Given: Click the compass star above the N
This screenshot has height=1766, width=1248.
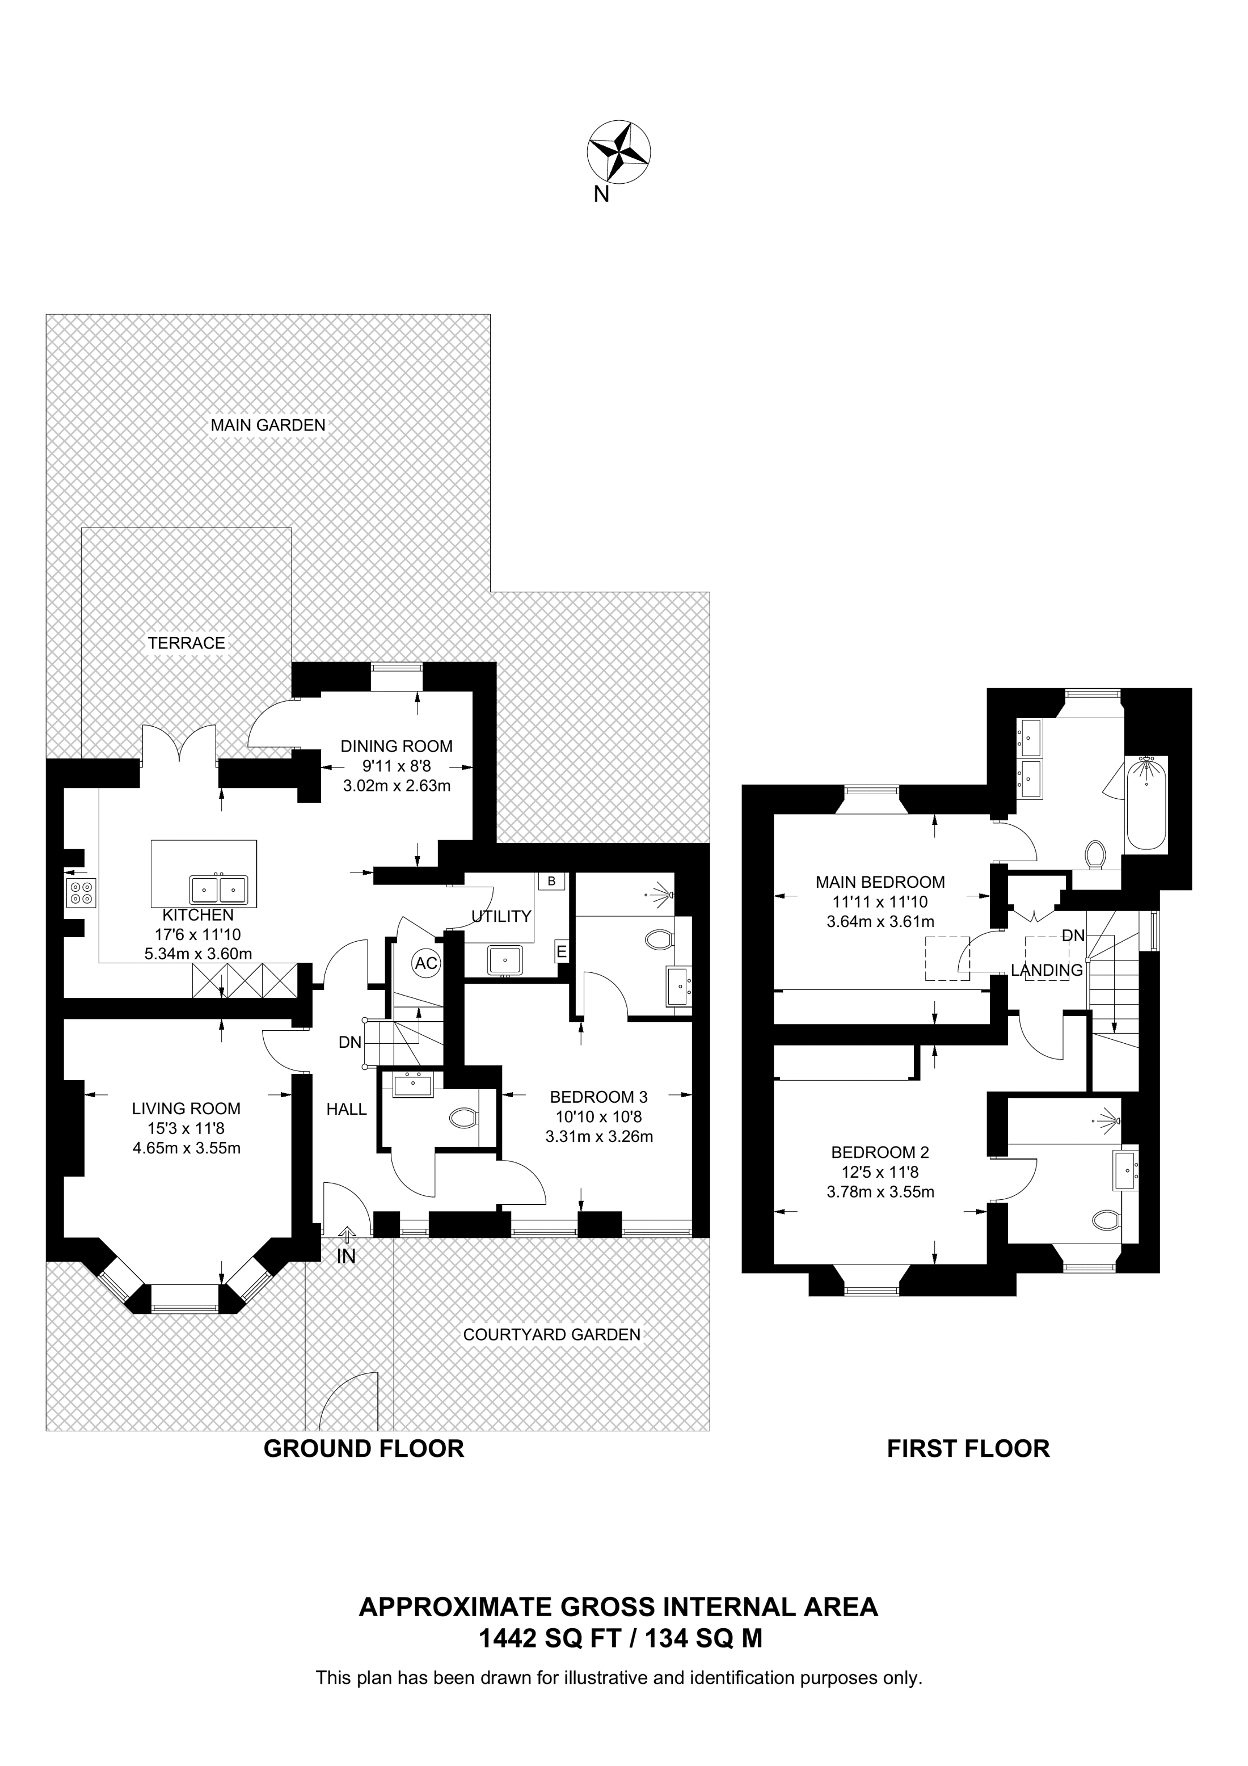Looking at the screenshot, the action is (x=619, y=152).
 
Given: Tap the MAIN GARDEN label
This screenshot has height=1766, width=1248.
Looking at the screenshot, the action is (x=268, y=424).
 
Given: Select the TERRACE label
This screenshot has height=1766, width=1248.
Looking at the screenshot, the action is (x=187, y=643).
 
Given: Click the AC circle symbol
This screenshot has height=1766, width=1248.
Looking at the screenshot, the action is (x=426, y=963).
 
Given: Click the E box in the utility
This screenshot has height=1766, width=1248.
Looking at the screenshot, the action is (x=562, y=952).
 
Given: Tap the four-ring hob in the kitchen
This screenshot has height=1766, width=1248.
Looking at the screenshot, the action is (x=81, y=892).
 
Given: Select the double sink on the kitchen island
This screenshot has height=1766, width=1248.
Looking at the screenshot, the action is (x=219, y=890).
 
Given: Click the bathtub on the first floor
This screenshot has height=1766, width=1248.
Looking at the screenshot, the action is (x=1146, y=803).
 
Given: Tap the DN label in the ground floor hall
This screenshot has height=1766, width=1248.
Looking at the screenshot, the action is (x=350, y=1042).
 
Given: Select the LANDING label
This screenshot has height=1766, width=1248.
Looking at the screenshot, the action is (x=1047, y=971).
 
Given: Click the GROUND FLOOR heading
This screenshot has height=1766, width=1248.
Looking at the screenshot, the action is (x=364, y=1449).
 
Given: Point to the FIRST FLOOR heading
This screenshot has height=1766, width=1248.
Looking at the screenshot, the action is (x=968, y=1449).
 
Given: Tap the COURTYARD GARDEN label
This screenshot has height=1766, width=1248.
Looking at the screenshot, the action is (x=551, y=1334).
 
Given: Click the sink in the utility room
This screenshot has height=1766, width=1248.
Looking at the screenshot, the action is (x=504, y=962).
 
